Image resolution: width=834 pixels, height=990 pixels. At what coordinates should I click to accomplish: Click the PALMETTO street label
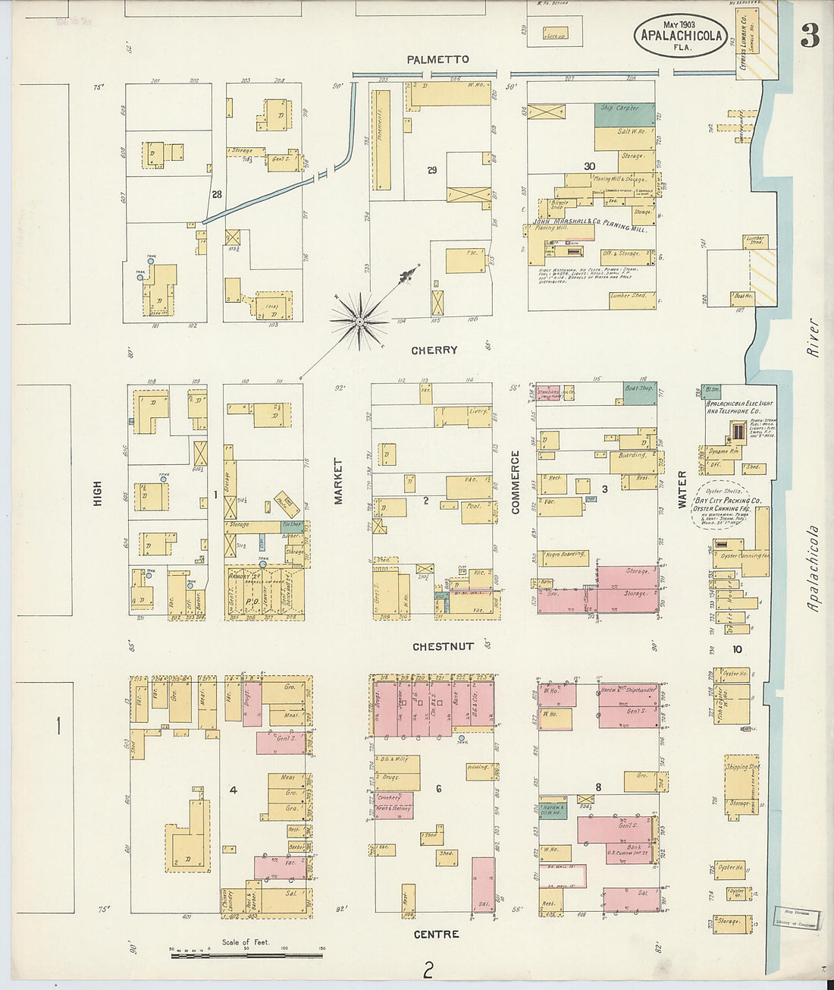pos(437,59)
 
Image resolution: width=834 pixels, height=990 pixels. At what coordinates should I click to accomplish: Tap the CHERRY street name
pos(434,350)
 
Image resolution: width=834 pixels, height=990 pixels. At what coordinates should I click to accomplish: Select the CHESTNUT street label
pos(443,646)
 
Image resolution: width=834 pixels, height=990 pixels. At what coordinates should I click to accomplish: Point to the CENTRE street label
pos(436,934)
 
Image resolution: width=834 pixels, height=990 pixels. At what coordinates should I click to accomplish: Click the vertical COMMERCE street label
pos(516,482)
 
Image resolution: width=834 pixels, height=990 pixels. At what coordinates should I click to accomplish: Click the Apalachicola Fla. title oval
pos(680,35)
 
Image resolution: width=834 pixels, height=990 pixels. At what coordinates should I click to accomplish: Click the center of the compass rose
pos(359,322)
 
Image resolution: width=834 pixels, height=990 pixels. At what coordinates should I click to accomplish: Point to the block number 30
pos(589,166)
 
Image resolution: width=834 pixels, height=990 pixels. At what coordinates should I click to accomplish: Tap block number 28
pos(217,195)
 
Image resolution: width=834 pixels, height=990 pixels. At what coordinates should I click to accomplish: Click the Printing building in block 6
pos(478,768)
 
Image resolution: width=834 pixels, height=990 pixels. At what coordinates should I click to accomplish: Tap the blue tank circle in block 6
pos(462,737)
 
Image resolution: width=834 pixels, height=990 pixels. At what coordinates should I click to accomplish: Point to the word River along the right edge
pos(813,337)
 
